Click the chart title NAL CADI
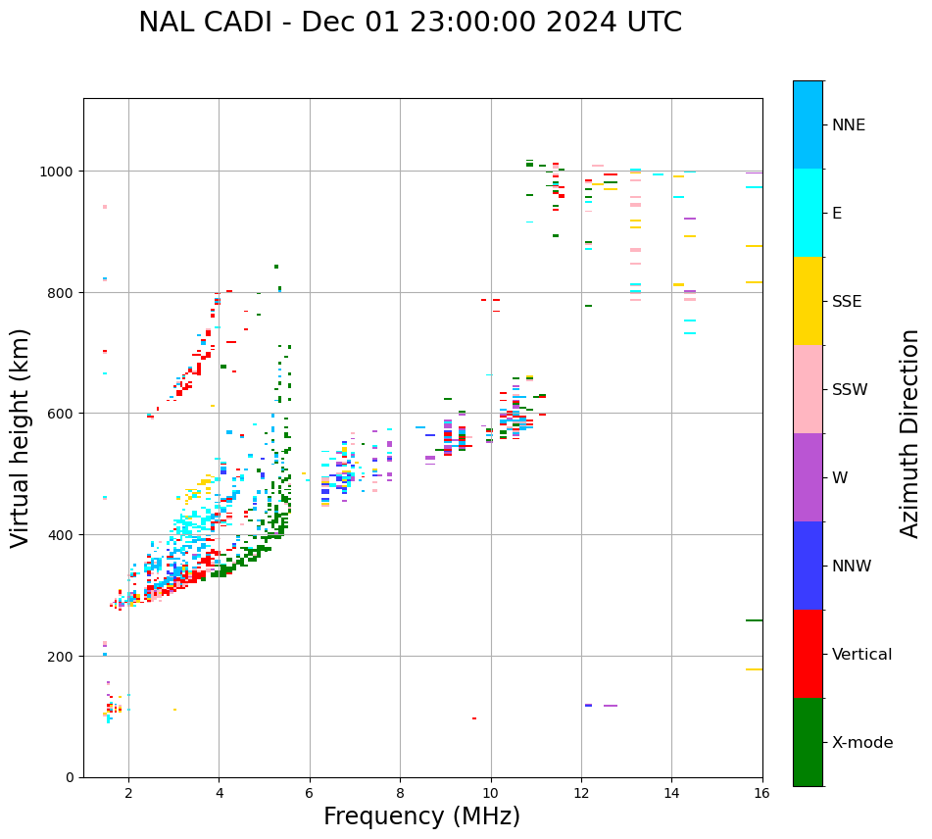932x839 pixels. [410, 23]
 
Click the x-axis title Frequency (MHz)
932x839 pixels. [421, 816]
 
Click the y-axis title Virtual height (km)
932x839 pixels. [21, 437]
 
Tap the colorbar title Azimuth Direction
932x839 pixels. [910, 433]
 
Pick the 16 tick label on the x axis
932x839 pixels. [761, 794]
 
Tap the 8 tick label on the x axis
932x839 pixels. [400, 794]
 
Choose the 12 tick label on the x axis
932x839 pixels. [581, 794]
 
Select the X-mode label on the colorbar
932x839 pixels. [862, 743]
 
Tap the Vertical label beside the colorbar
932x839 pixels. [862, 655]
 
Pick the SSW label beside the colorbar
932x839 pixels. [850, 390]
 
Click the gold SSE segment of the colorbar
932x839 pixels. [808, 301]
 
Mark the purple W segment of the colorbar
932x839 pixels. [808, 477]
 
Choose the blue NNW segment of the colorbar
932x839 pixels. [808, 566]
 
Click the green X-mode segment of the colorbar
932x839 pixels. [808, 742]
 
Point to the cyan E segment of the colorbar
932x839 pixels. [808, 213]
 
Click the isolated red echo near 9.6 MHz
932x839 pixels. [474, 718]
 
